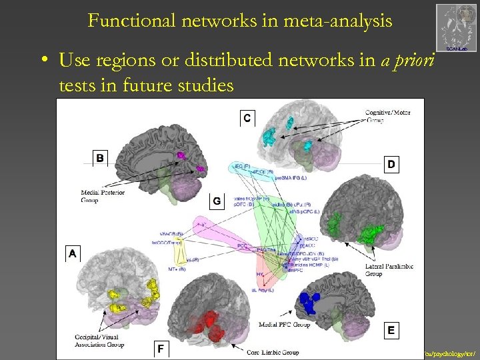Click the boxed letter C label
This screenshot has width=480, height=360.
click(x=247, y=118)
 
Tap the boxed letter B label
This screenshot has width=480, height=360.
click(x=100, y=158)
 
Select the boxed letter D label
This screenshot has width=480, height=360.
click(x=391, y=164)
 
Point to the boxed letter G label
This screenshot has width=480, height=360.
click(x=217, y=201)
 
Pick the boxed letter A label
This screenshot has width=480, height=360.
click(x=73, y=253)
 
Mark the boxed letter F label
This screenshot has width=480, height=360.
click(x=160, y=347)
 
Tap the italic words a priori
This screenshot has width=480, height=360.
click(x=407, y=61)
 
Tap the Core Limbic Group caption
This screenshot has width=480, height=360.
click(x=273, y=351)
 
